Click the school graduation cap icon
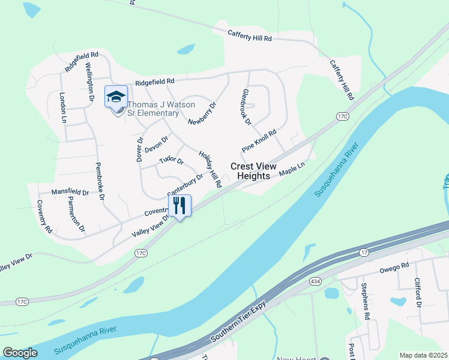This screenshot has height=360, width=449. click(116, 96)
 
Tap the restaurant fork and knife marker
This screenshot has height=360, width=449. click(179, 206)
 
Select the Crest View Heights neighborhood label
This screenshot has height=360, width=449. click(253, 171)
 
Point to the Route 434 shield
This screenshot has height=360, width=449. click(315, 281)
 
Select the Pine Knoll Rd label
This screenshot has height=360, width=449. click(259, 141)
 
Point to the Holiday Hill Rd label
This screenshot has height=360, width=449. click(210, 169)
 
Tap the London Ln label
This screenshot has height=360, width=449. click(62, 107)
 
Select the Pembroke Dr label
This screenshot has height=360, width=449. click(100, 181)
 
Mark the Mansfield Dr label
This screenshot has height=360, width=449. click(70, 193)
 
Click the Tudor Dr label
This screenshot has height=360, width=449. click(171, 161)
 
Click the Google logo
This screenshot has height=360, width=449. click(20, 353)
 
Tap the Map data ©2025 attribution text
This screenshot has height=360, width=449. click(423, 355)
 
